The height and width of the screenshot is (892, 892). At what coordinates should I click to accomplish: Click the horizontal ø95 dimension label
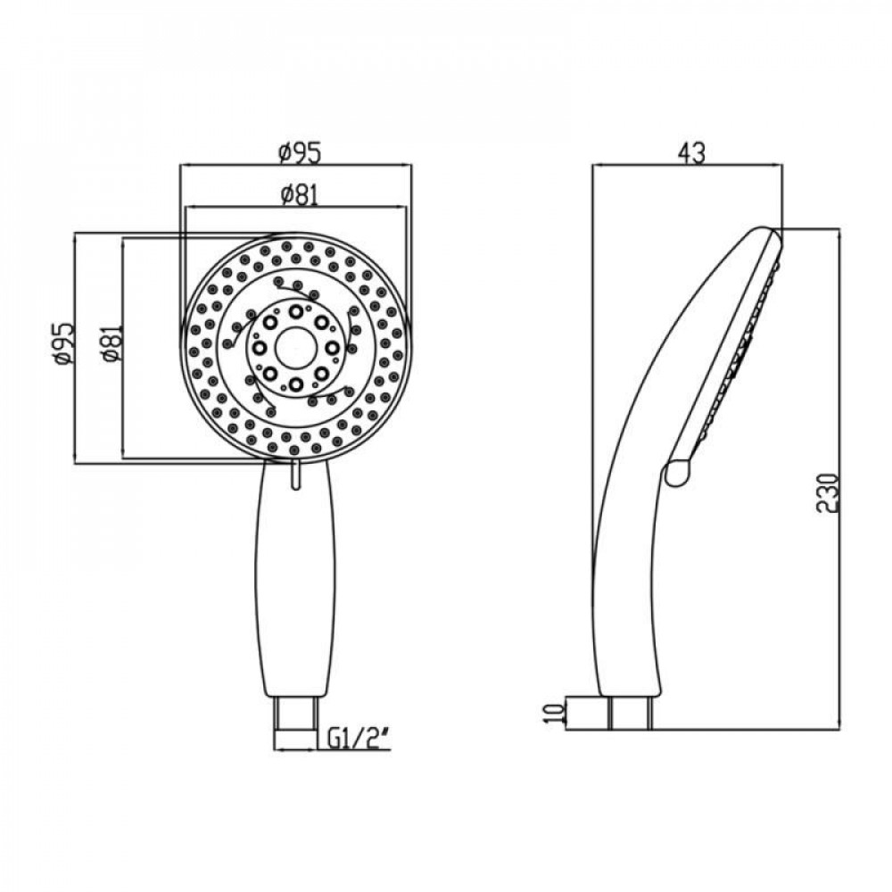(x=298, y=153)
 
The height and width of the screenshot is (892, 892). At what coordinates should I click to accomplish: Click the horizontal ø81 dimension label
(x=298, y=195)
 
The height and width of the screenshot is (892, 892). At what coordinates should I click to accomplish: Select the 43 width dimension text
(x=690, y=153)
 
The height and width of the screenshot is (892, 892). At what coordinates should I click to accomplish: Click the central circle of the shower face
(x=294, y=347)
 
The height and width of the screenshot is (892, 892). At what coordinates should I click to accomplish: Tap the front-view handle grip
(x=296, y=580)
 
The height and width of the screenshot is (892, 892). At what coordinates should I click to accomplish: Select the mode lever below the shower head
(x=294, y=475)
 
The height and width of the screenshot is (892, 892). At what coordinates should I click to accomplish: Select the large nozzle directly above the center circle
(x=294, y=310)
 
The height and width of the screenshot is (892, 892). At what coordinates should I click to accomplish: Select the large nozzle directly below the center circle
(x=294, y=384)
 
